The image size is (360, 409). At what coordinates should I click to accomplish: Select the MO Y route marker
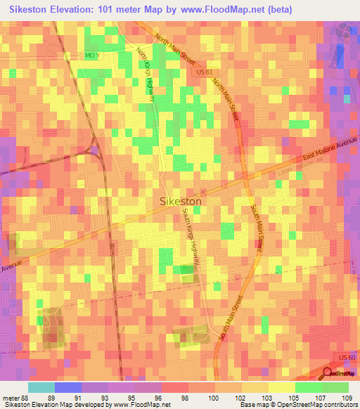(x=93, y=55)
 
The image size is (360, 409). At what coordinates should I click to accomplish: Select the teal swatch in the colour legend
(x=41, y=387)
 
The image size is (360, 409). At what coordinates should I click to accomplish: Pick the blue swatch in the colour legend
(x=68, y=387)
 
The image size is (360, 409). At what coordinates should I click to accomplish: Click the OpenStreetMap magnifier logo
(x=328, y=374)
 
